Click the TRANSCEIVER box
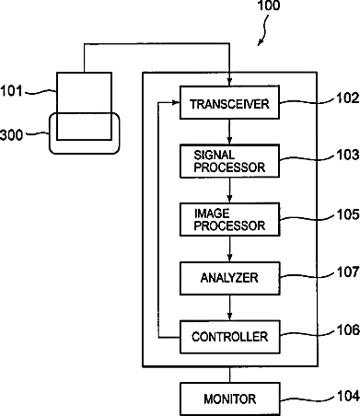pyautogui.click(x=229, y=102)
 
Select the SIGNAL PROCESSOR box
pyautogui.click(x=229, y=161)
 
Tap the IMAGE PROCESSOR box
pyautogui.click(x=229, y=219)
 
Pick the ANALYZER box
pyautogui.click(x=229, y=278)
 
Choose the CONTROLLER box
pyautogui.click(x=229, y=337)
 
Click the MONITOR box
pyautogui.click(x=229, y=399)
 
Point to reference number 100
pyautogui.click(x=269, y=6)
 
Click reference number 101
pyautogui.click(x=11, y=91)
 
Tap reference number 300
pyautogui.click(x=12, y=135)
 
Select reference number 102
pyautogui.click(x=348, y=98)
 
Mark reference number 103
pyautogui.click(x=348, y=155)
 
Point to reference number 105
pyautogui.click(x=348, y=214)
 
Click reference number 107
pyautogui.click(x=348, y=272)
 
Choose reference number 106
pyautogui.click(x=348, y=330)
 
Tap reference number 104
pyautogui.click(x=348, y=396)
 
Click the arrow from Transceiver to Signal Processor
pyautogui.click(x=229, y=132)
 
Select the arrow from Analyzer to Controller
pyautogui.click(x=229, y=308)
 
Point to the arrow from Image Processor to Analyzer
pyautogui.click(x=229, y=249)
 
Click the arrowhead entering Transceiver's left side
pyautogui.click(x=176, y=102)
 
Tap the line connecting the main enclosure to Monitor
pyautogui.click(x=229, y=375)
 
